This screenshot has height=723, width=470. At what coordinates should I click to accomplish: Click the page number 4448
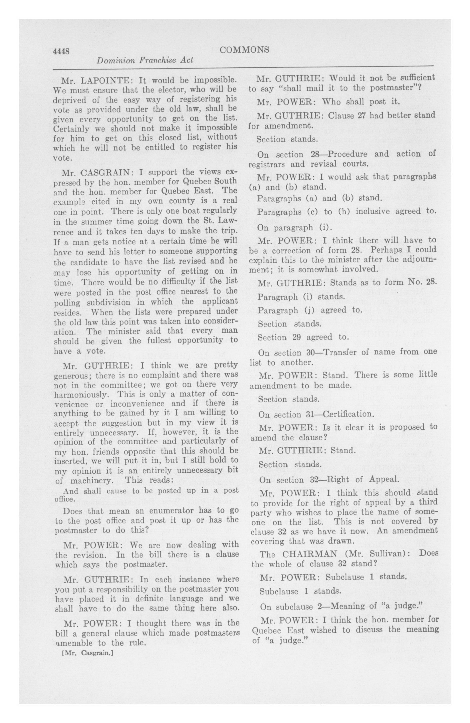coord(61,51)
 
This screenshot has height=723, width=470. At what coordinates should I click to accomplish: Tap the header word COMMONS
coord(244,49)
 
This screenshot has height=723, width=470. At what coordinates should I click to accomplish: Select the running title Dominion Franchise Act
coord(145,60)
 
